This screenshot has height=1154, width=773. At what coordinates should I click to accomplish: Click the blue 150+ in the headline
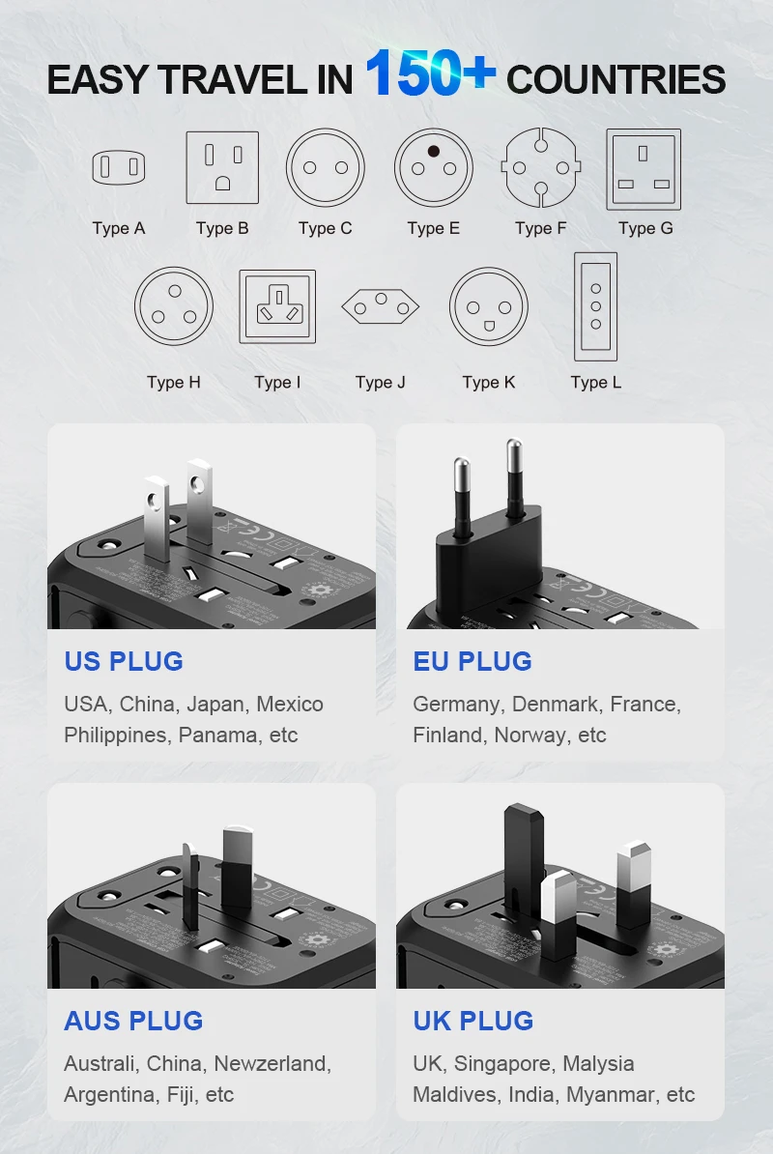click(430, 74)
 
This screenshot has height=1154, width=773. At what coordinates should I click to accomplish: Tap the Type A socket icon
click(119, 167)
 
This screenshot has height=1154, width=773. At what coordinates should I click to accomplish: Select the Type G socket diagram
click(644, 169)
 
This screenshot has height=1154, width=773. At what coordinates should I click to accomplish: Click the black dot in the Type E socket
click(433, 151)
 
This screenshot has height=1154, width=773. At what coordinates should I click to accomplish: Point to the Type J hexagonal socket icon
click(380, 307)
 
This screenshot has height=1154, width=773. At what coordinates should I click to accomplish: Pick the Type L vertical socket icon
click(595, 306)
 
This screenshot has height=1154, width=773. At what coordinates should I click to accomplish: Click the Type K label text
click(489, 383)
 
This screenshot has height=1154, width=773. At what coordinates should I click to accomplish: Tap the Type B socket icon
click(222, 167)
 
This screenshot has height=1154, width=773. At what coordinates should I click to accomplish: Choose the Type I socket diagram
click(277, 306)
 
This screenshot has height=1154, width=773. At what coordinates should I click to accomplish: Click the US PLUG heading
click(124, 662)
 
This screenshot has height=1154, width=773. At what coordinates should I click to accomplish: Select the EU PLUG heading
click(472, 662)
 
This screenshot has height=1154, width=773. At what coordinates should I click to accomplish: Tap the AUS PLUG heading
click(133, 1022)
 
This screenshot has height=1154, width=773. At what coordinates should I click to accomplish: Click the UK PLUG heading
click(472, 1022)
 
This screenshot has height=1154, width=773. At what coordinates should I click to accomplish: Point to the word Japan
click(215, 705)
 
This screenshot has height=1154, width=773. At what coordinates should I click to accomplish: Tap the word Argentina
click(106, 1095)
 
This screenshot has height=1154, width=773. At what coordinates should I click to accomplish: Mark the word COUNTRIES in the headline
click(616, 80)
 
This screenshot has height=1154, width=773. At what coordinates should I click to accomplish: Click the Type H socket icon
click(174, 306)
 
